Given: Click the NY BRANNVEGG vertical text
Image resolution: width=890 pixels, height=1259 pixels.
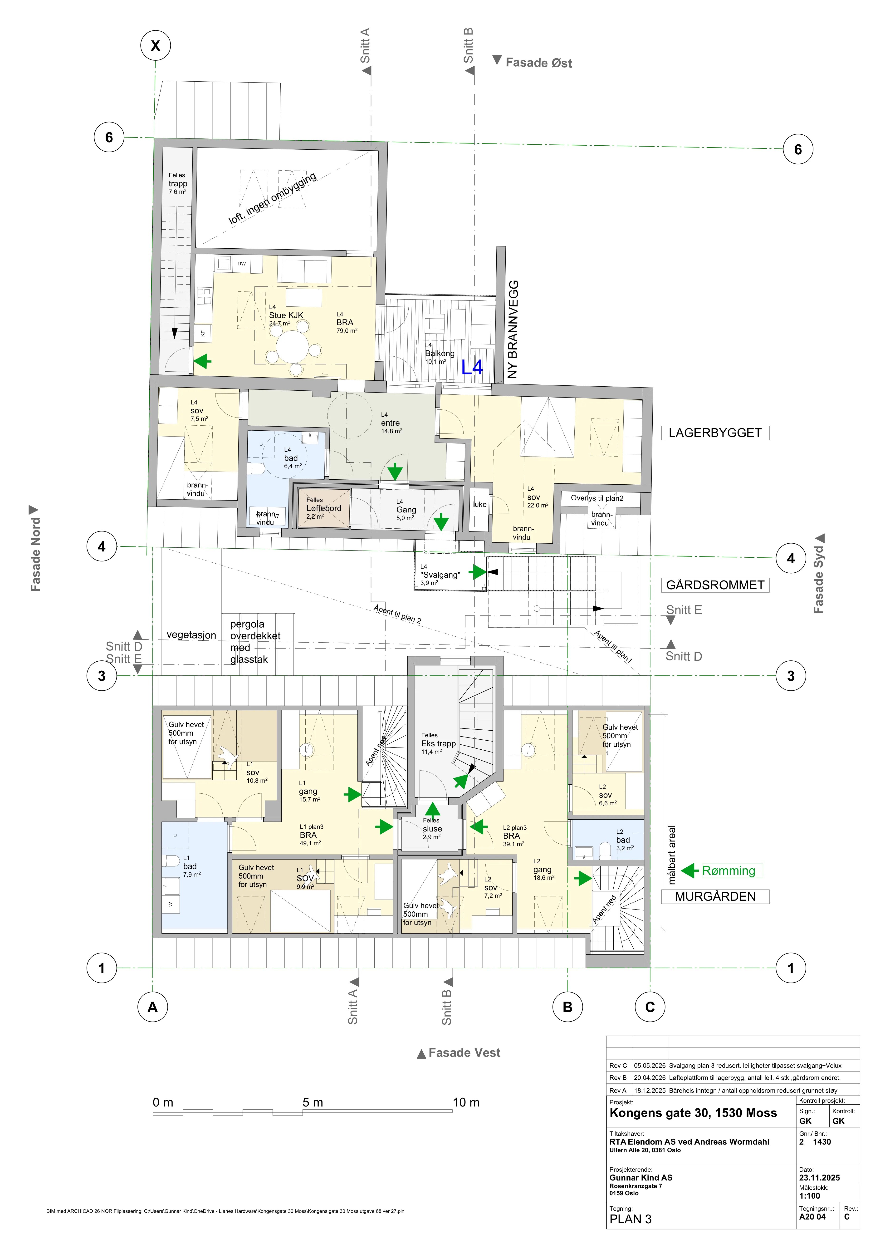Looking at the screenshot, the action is (512, 329).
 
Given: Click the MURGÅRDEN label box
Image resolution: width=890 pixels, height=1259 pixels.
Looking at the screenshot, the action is (715, 896).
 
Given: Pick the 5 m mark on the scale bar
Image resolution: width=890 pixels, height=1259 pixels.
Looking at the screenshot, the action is (313, 1103).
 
